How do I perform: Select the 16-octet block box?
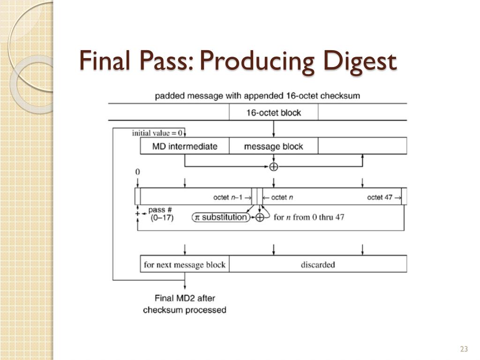coord(274,112)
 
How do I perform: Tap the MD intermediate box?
coord(185,146)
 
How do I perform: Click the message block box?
coord(274,146)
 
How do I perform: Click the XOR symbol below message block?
coord(274,166)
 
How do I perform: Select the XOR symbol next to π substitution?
coord(260,217)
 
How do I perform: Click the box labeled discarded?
coord(318,264)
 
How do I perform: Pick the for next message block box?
coord(185,264)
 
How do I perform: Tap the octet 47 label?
coord(380,197)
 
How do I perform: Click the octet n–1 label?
coord(228,197)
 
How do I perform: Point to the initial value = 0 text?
coord(157,133)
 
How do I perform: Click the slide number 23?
coord(464,349)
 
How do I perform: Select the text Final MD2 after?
coord(185,298)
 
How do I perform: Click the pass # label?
coord(160,210)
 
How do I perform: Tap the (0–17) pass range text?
coord(162,217)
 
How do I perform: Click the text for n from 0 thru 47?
coord(309,217)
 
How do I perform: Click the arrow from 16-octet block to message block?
coord(274,129)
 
